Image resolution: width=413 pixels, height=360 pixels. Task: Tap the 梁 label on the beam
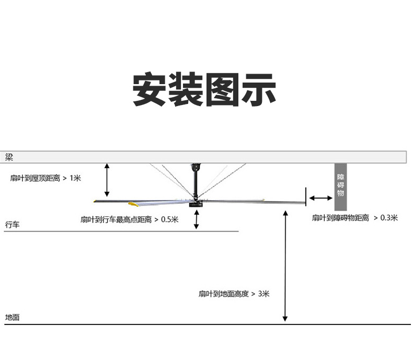[x=9, y=157]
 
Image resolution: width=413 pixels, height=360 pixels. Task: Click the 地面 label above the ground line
[x=12, y=317]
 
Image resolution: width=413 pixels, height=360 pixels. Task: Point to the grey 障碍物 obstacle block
[x=341, y=186]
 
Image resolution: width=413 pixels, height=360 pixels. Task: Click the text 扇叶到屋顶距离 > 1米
[x=45, y=178]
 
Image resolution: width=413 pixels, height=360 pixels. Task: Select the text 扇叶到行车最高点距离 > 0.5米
[x=129, y=219]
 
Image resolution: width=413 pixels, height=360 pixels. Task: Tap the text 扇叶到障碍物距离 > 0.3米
[x=354, y=218]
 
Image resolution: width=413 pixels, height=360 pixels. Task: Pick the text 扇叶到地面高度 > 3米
[x=234, y=294]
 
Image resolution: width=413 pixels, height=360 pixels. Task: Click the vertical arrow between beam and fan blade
[x=107, y=179]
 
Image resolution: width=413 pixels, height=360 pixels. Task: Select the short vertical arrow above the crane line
[x=197, y=219]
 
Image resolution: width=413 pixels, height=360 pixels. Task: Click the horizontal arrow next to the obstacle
[x=320, y=198]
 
